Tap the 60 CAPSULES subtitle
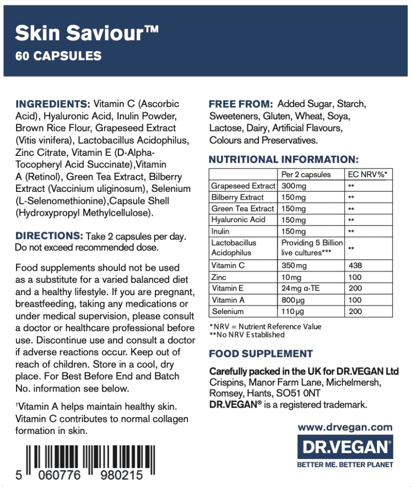[x=58, y=56]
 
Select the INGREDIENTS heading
[x=53, y=104]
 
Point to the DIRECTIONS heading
[x=49, y=236]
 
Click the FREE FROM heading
[x=241, y=104]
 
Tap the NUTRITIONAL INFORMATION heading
[x=283, y=159]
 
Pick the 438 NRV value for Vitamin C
[x=355, y=266]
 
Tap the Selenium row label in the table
[x=227, y=311]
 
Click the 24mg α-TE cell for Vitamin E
[x=301, y=288]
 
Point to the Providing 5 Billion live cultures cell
[x=312, y=247]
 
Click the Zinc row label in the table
[x=219, y=277]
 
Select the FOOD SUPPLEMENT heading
[x=261, y=354]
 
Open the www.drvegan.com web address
[x=345, y=427]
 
